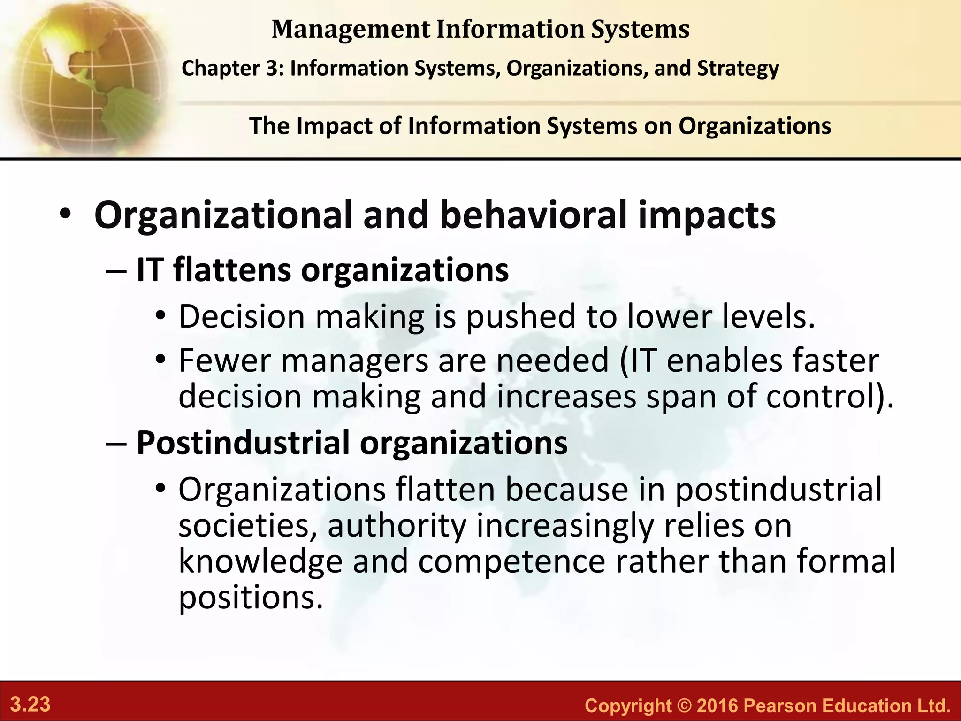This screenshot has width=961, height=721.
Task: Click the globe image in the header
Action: (82, 77)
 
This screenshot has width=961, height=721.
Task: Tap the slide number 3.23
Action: (31, 705)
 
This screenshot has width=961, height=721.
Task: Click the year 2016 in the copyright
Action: (718, 706)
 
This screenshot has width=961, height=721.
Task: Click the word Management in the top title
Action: (351, 29)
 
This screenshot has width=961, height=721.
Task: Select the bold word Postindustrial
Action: (243, 443)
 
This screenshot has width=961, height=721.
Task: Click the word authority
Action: (397, 526)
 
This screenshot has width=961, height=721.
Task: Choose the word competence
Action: (511, 561)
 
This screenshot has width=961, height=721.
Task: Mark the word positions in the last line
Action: (251, 598)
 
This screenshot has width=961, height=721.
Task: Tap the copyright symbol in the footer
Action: (683, 706)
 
